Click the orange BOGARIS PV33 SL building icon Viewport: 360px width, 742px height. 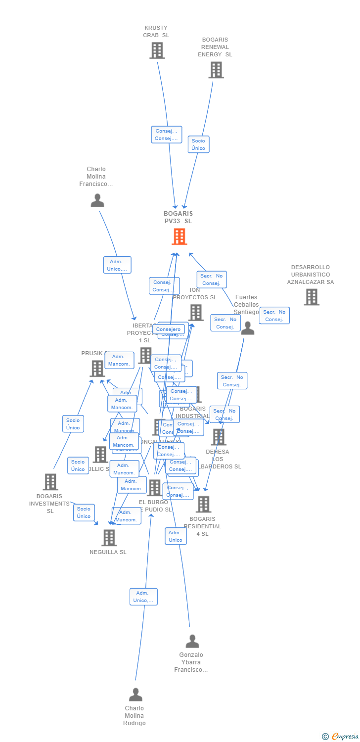[x=179, y=236]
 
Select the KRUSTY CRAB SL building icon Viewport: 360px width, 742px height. [x=157, y=50]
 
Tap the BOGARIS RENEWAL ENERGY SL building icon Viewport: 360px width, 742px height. [x=216, y=70]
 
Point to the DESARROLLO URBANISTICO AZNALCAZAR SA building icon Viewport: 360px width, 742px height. [x=311, y=297]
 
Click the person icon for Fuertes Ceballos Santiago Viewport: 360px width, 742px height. [x=247, y=328]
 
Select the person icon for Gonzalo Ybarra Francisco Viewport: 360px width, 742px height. [x=192, y=641]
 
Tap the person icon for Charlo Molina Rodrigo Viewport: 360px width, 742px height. [x=135, y=695]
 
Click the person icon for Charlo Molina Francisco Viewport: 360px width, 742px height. [x=97, y=200]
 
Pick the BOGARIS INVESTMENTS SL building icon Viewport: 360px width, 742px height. [x=50, y=482]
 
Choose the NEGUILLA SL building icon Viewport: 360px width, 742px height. [x=109, y=538]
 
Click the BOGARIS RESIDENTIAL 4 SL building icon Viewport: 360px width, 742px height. [x=203, y=505]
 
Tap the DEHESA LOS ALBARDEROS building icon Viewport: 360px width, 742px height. [x=218, y=437]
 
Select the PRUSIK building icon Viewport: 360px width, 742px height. [x=97, y=369]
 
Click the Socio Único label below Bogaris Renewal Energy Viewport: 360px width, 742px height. [x=198, y=144]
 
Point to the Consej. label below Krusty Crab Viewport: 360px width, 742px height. [x=166, y=135]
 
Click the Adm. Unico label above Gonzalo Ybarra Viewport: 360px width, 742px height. [x=176, y=536]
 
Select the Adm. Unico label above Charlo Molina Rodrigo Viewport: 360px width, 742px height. [x=143, y=597]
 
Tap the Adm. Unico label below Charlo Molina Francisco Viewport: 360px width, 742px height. [x=117, y=265]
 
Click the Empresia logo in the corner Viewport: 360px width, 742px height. [x=341, y=737]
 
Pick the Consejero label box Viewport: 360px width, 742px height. [x=169, y=329]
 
